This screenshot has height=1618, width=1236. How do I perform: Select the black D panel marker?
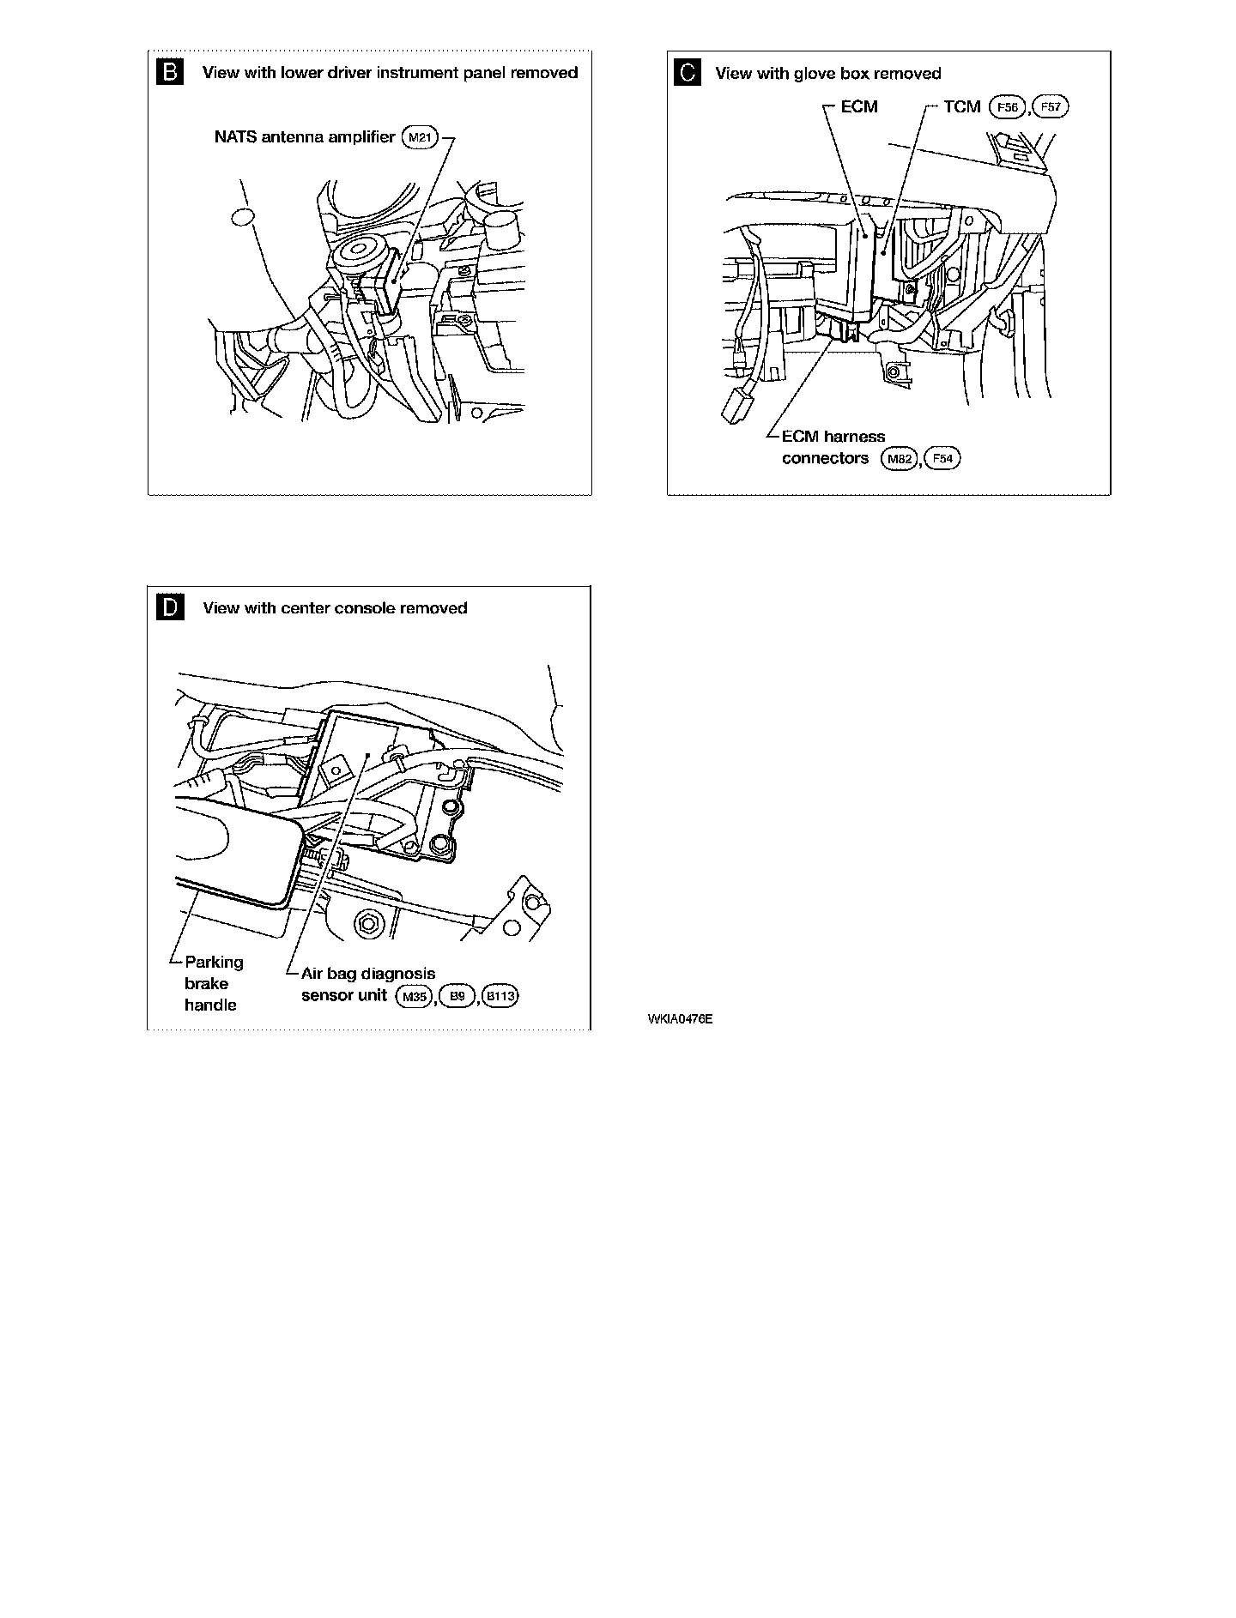[x=170, y=608]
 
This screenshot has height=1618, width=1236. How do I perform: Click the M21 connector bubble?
[x=421, y=137]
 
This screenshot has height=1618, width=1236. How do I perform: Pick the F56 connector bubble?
[x=1007, y=107]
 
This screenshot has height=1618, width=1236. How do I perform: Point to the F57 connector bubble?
[x=1051, y=107]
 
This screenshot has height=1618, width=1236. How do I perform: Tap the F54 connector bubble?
[x=942, y=459]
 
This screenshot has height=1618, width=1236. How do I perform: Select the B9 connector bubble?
[x=457, y=996]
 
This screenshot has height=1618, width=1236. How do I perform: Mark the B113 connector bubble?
[x=501, y=996]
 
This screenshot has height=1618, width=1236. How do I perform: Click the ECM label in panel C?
[x=859, y=107]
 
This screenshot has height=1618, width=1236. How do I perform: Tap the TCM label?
[x=962, y=107]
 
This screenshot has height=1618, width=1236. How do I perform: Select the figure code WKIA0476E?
[x=681, y=1019]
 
